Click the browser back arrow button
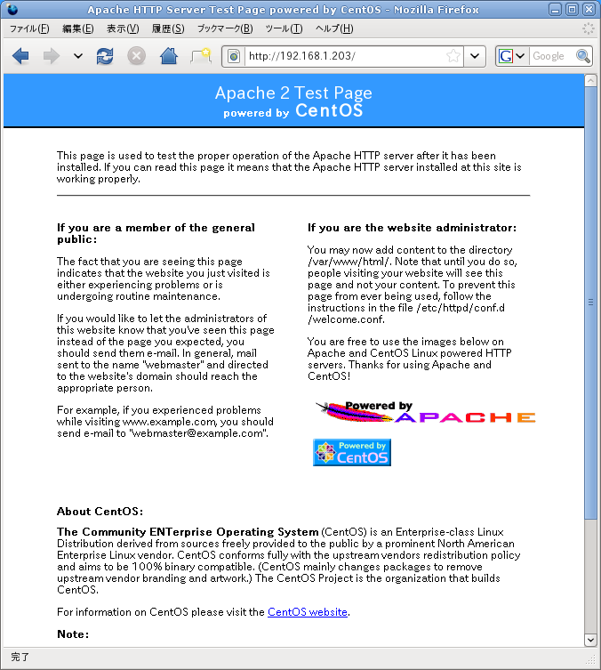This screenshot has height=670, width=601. pyautogui.click(x=20, y=56)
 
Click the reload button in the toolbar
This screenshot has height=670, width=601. pyautogui.click(x=105, y=56)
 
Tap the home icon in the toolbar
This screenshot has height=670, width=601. pyautogui.click(x=168, y=56)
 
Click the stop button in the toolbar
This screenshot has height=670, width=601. pyautogui.click(x=136, y=56)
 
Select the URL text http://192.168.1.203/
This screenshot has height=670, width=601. pyautogui.click(x=302, y=56)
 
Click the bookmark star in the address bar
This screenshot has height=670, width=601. pyautogui.click(x=453, y=56)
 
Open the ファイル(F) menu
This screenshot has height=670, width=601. pyautogui.click(x=29, y=28)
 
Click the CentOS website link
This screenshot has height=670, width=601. pyautogui.click(x=308, y=612)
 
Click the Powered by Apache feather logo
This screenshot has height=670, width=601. pyautogui.click(x=426, y=413)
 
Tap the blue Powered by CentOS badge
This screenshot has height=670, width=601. pyautogui.click(x=352, y=452)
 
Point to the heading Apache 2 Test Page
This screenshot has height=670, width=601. pyautogui.click(x=293, y=93)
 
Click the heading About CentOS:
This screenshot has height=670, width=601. pyautogui.click(x=100, y=512)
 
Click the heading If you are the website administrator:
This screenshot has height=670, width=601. pyautogui.click(x=412, y=228)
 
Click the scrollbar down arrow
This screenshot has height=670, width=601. pyautogui.click(x=591, y=639)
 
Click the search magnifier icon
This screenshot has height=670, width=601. pyautogui.click(x=583, y=56)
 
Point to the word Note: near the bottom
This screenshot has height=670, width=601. pyautogui.click(x=73, y=634)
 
